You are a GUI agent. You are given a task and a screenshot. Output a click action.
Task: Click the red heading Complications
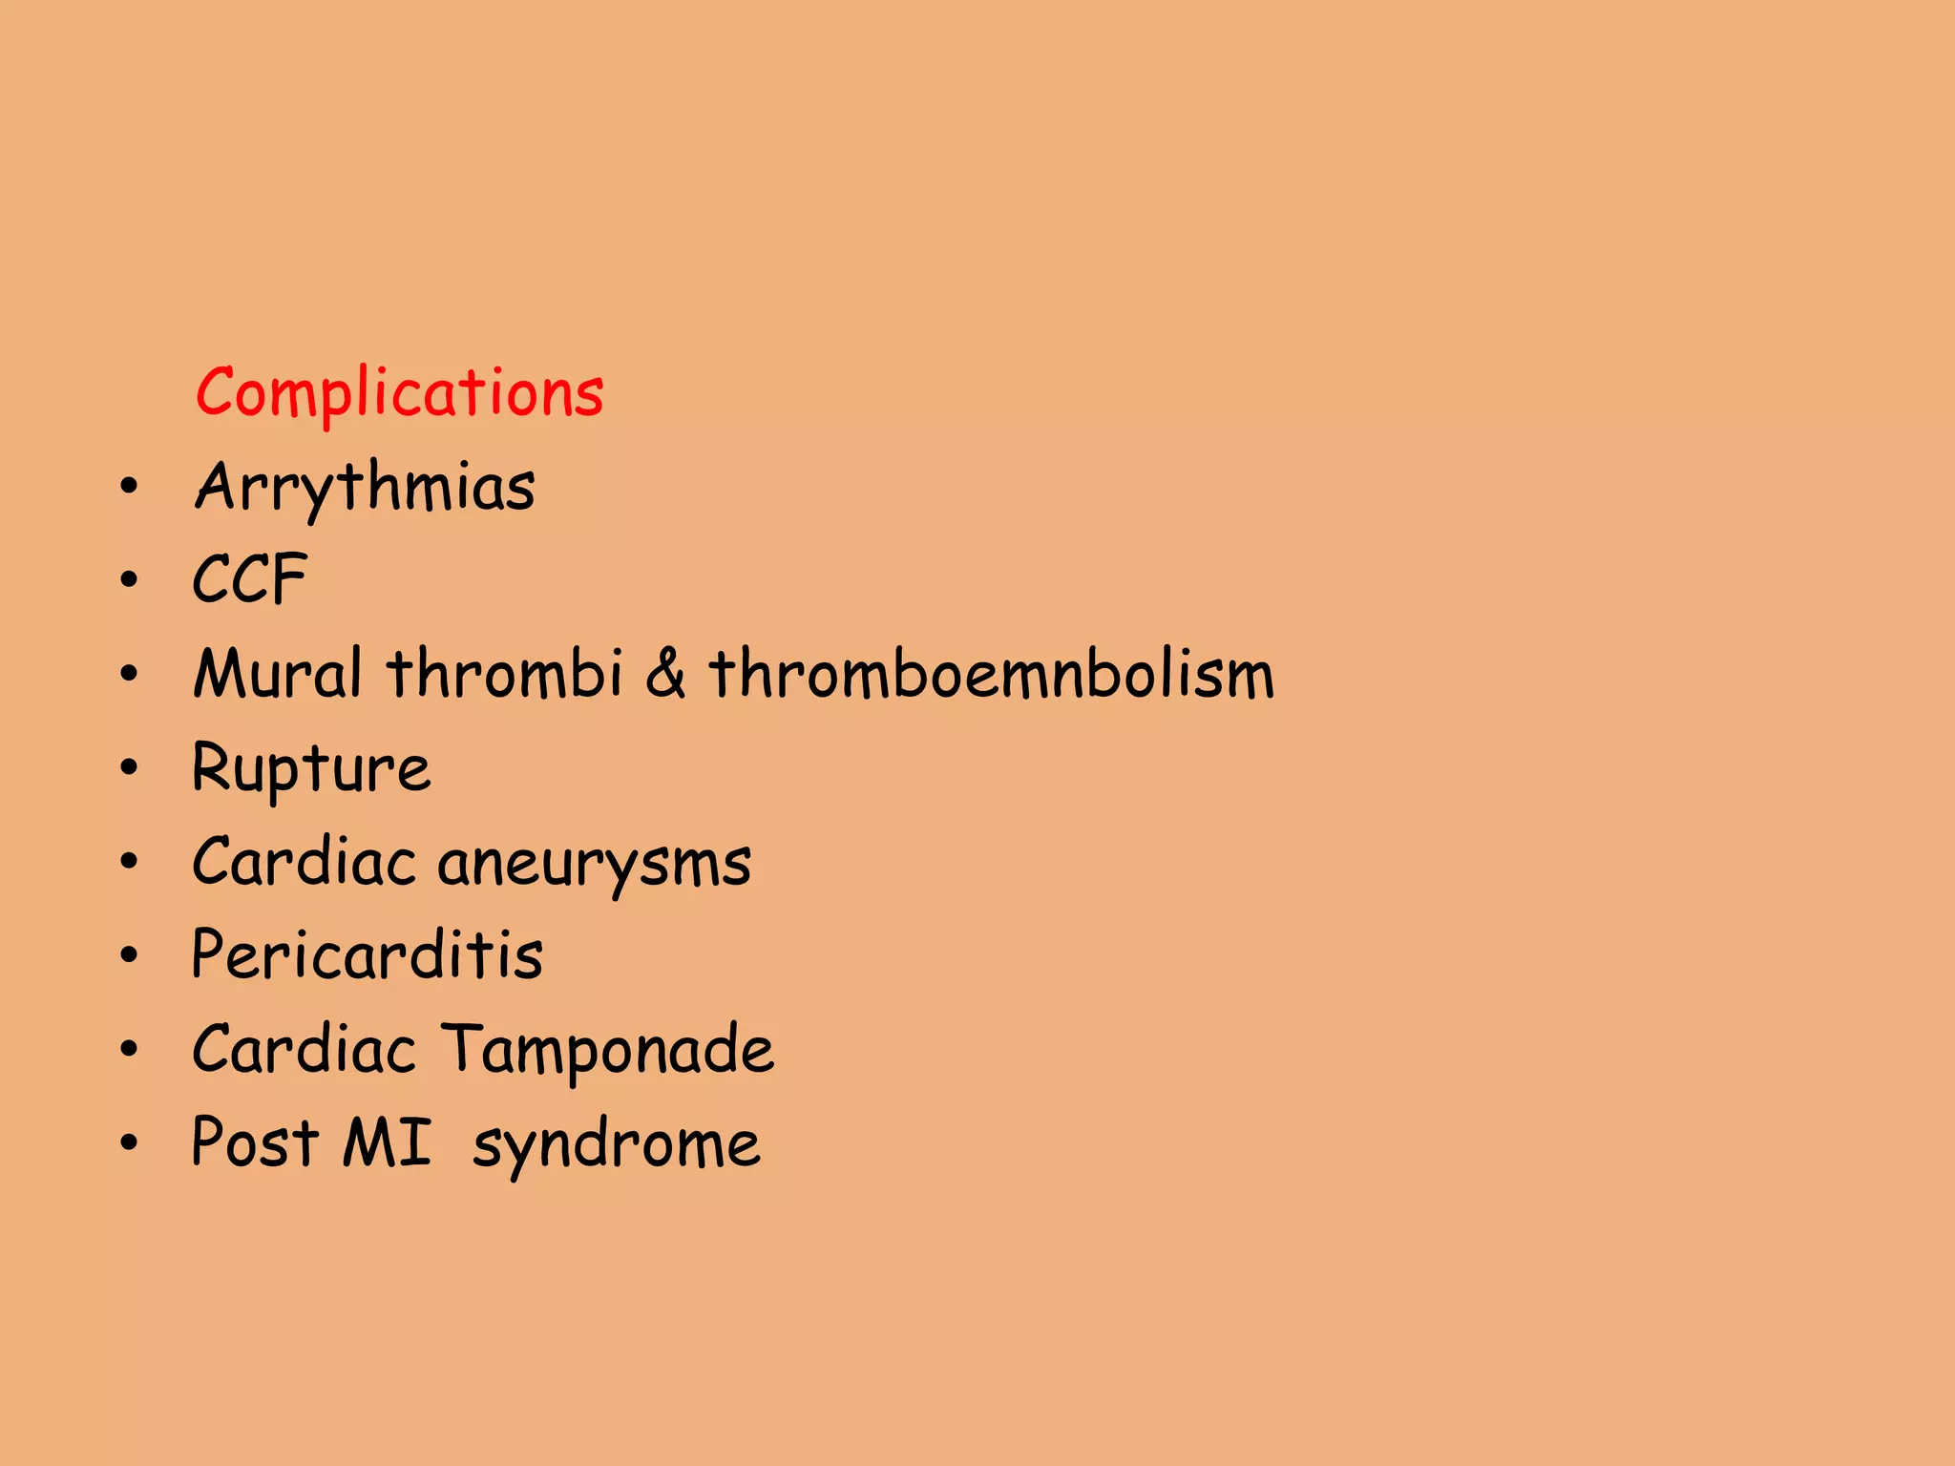coord(399,392)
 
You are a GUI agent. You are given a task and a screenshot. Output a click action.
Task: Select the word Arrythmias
coord(365,487)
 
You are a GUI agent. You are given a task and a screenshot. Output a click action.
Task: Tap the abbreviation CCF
coord(249,579)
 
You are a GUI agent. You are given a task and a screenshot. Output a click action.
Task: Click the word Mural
coord(277,673)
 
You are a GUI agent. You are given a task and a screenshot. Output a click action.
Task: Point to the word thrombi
coord(505,673)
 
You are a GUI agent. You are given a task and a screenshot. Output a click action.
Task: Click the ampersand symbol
coord(665,673)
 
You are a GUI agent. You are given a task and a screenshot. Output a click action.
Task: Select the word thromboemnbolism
coord(991,673)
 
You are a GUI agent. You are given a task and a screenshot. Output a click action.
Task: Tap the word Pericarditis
coord(368,954)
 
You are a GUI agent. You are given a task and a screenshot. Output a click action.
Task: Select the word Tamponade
coord(608,1049)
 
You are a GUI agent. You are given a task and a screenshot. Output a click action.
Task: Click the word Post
coord(254,1141)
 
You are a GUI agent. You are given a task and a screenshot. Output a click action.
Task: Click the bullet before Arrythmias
coord(130,488)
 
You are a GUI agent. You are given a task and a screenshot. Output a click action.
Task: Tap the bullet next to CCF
coord(130,580)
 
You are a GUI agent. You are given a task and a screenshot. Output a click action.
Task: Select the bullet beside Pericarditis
coord(130,955)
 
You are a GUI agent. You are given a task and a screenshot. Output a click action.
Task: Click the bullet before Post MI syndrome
coord(130,1142)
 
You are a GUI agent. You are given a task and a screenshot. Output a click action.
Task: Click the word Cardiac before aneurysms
coord(304,862)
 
